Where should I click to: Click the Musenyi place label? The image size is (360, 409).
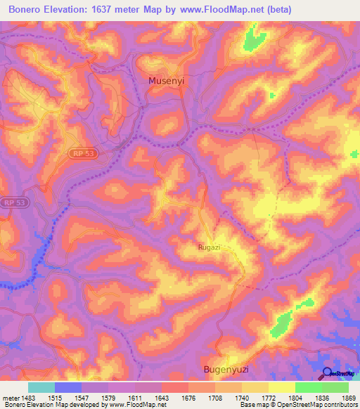point(167,82)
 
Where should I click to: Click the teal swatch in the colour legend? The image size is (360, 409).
point(41,387)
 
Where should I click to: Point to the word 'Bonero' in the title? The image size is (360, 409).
point(27,9)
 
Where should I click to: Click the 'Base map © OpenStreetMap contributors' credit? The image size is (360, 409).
point(298,405)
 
